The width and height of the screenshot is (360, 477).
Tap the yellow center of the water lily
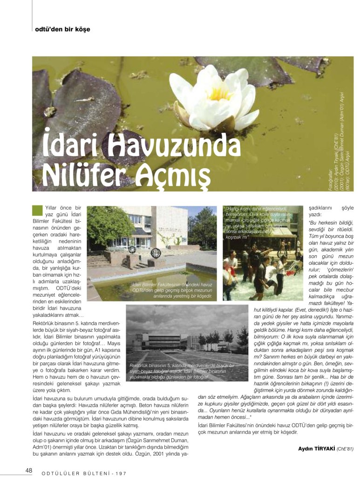tap(220, 94)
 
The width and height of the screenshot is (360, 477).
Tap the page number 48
tap(29, 470)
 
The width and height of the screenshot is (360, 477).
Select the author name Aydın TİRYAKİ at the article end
tap(316, 449)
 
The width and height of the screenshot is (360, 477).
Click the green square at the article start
tap(38, 210)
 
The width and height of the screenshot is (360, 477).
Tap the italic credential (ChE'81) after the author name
tap(345, 449)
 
